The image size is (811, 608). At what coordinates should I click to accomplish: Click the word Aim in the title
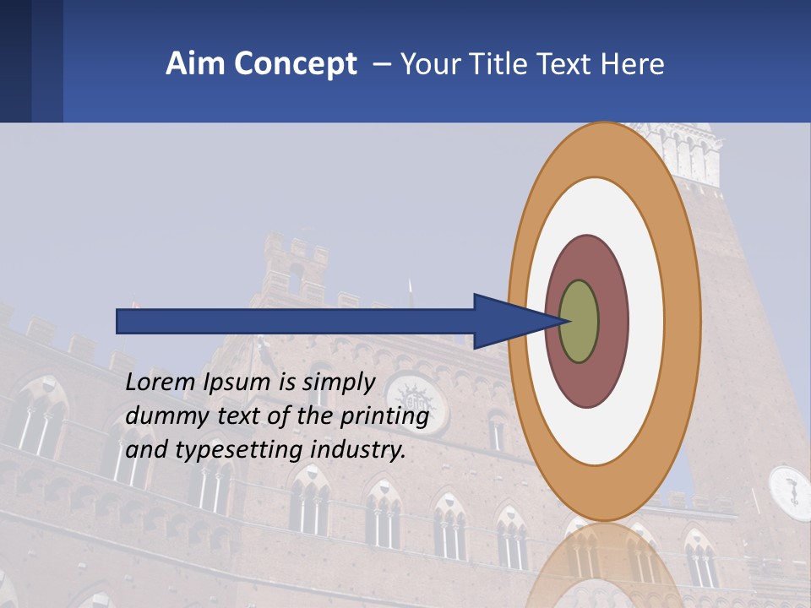point(189,64)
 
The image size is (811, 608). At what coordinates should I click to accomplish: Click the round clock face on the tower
point(791,492)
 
